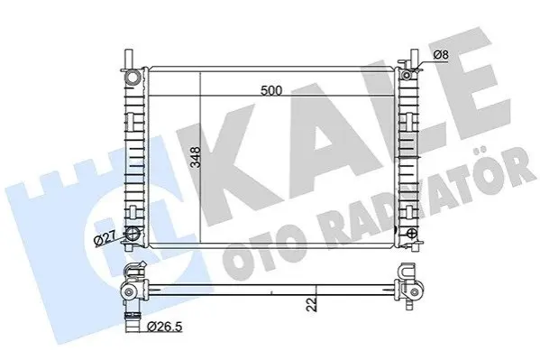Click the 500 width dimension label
(271, 91)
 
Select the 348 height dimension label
(196, 157)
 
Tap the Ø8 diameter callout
(441, 54)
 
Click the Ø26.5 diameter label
(164, 327)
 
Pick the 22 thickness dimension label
(312, 305)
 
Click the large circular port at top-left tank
(133, 77)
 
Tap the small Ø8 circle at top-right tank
(407, 75)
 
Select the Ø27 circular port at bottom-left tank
(133, 234)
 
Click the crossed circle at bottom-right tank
(411, 234)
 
